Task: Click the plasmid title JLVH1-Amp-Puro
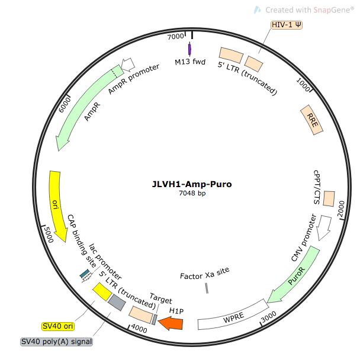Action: tap(191, 184)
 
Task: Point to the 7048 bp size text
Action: tap(192, 194)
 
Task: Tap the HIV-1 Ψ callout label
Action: tap(287, 25)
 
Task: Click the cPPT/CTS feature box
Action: tap(329, 198)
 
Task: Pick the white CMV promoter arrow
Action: tap(324, 227)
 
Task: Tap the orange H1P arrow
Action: tap(171, 323)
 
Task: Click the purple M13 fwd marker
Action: tap(189, 50)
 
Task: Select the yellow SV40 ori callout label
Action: tap(57, 326)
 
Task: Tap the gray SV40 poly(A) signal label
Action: tap(53, 342)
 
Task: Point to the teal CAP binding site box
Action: tap(86, 274)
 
